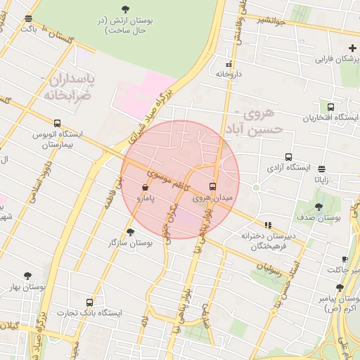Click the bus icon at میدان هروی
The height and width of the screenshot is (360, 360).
point(213,186)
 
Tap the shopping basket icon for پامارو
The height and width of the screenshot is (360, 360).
point(145,188)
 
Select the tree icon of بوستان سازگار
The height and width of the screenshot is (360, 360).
point(130,231)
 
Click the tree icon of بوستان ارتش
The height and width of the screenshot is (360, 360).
point(125,9)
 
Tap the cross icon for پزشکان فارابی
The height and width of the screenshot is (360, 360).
point(352,48)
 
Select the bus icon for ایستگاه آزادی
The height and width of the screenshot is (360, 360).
point(288,157)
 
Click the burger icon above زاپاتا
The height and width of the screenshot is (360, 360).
point(321,169)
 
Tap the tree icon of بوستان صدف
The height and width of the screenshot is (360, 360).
point(319,207)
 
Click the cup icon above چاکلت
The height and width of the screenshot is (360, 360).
point(344,259)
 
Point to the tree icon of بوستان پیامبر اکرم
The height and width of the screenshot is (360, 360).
point(340,288)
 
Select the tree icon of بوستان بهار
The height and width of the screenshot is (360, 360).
point(28,276)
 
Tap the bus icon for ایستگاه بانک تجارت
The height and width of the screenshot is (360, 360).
point(89,302)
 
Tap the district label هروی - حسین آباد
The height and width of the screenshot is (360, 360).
point(257,121)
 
